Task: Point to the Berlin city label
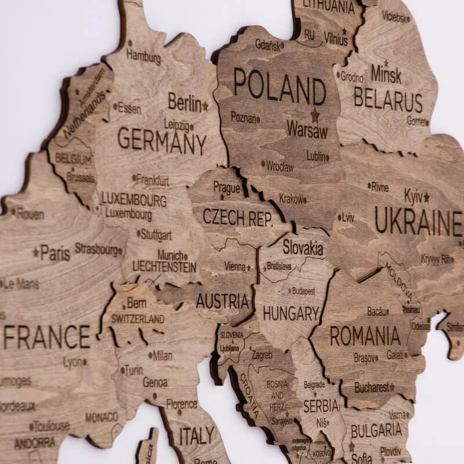click(x=184, y=103)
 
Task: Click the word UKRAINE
click(x=418, y=220)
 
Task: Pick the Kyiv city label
click(x=414, y=195)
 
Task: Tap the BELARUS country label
click(x=387, y=100)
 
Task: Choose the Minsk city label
click(x=386, y=74)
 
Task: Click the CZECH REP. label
click(x=237, y=217)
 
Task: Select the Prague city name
click(x=226, y=187)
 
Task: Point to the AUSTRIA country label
click(x=222, y=301)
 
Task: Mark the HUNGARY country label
click(x=291, y=314)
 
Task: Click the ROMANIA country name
click(x=365, y=335)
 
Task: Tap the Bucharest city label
click(x=371, y=387)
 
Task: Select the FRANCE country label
click(x=46, y=336)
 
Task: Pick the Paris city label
click(x=55, y=253)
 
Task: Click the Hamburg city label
click(x=143, y=56)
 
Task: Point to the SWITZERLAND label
click(x=137, y=319)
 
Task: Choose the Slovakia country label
click(x=303, y=248)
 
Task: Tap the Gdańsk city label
click(x=268, y=45)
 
